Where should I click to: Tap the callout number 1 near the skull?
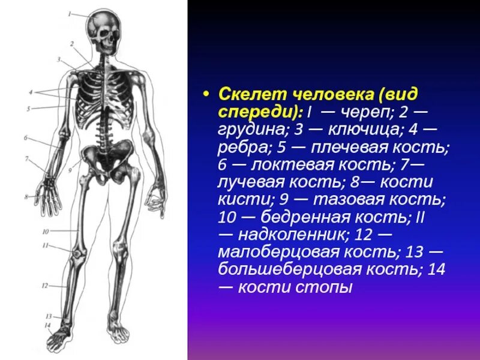pyautogui.click(x=70, y=13)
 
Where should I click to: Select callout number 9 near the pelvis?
pyautogui.click(x=70, y=170)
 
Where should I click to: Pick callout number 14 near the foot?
pyautogui.click(x=47, y=325)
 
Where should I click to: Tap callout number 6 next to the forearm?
pyautogui.click(x=26, y=138)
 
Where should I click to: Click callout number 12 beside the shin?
pyautogui.click(x=44, y=286)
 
